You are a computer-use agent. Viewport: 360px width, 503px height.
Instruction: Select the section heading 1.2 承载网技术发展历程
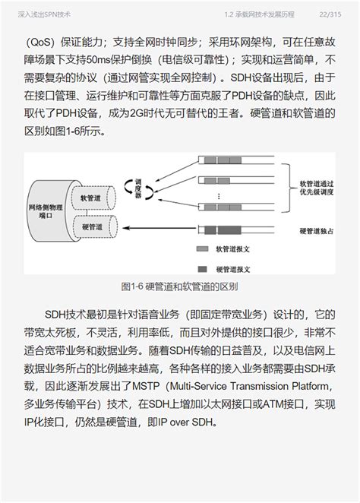[258, 14]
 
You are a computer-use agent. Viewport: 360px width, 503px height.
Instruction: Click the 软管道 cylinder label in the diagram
[91, 197]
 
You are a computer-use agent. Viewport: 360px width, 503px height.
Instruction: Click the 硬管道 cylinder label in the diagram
[91, 227]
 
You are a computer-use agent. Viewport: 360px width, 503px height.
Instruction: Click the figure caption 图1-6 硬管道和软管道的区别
[179, 286]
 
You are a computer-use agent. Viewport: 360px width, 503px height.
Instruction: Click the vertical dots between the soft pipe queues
[219, 195]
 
